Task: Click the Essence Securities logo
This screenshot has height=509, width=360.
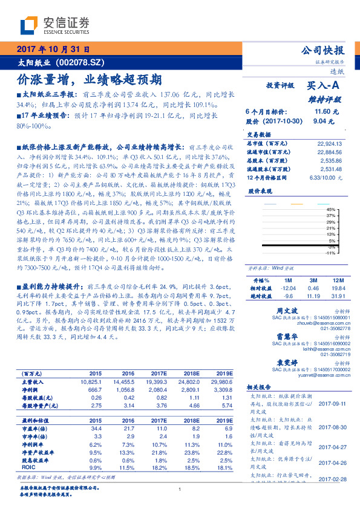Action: tap(55, 25)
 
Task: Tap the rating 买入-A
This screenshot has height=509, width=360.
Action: tap(326, 86)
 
